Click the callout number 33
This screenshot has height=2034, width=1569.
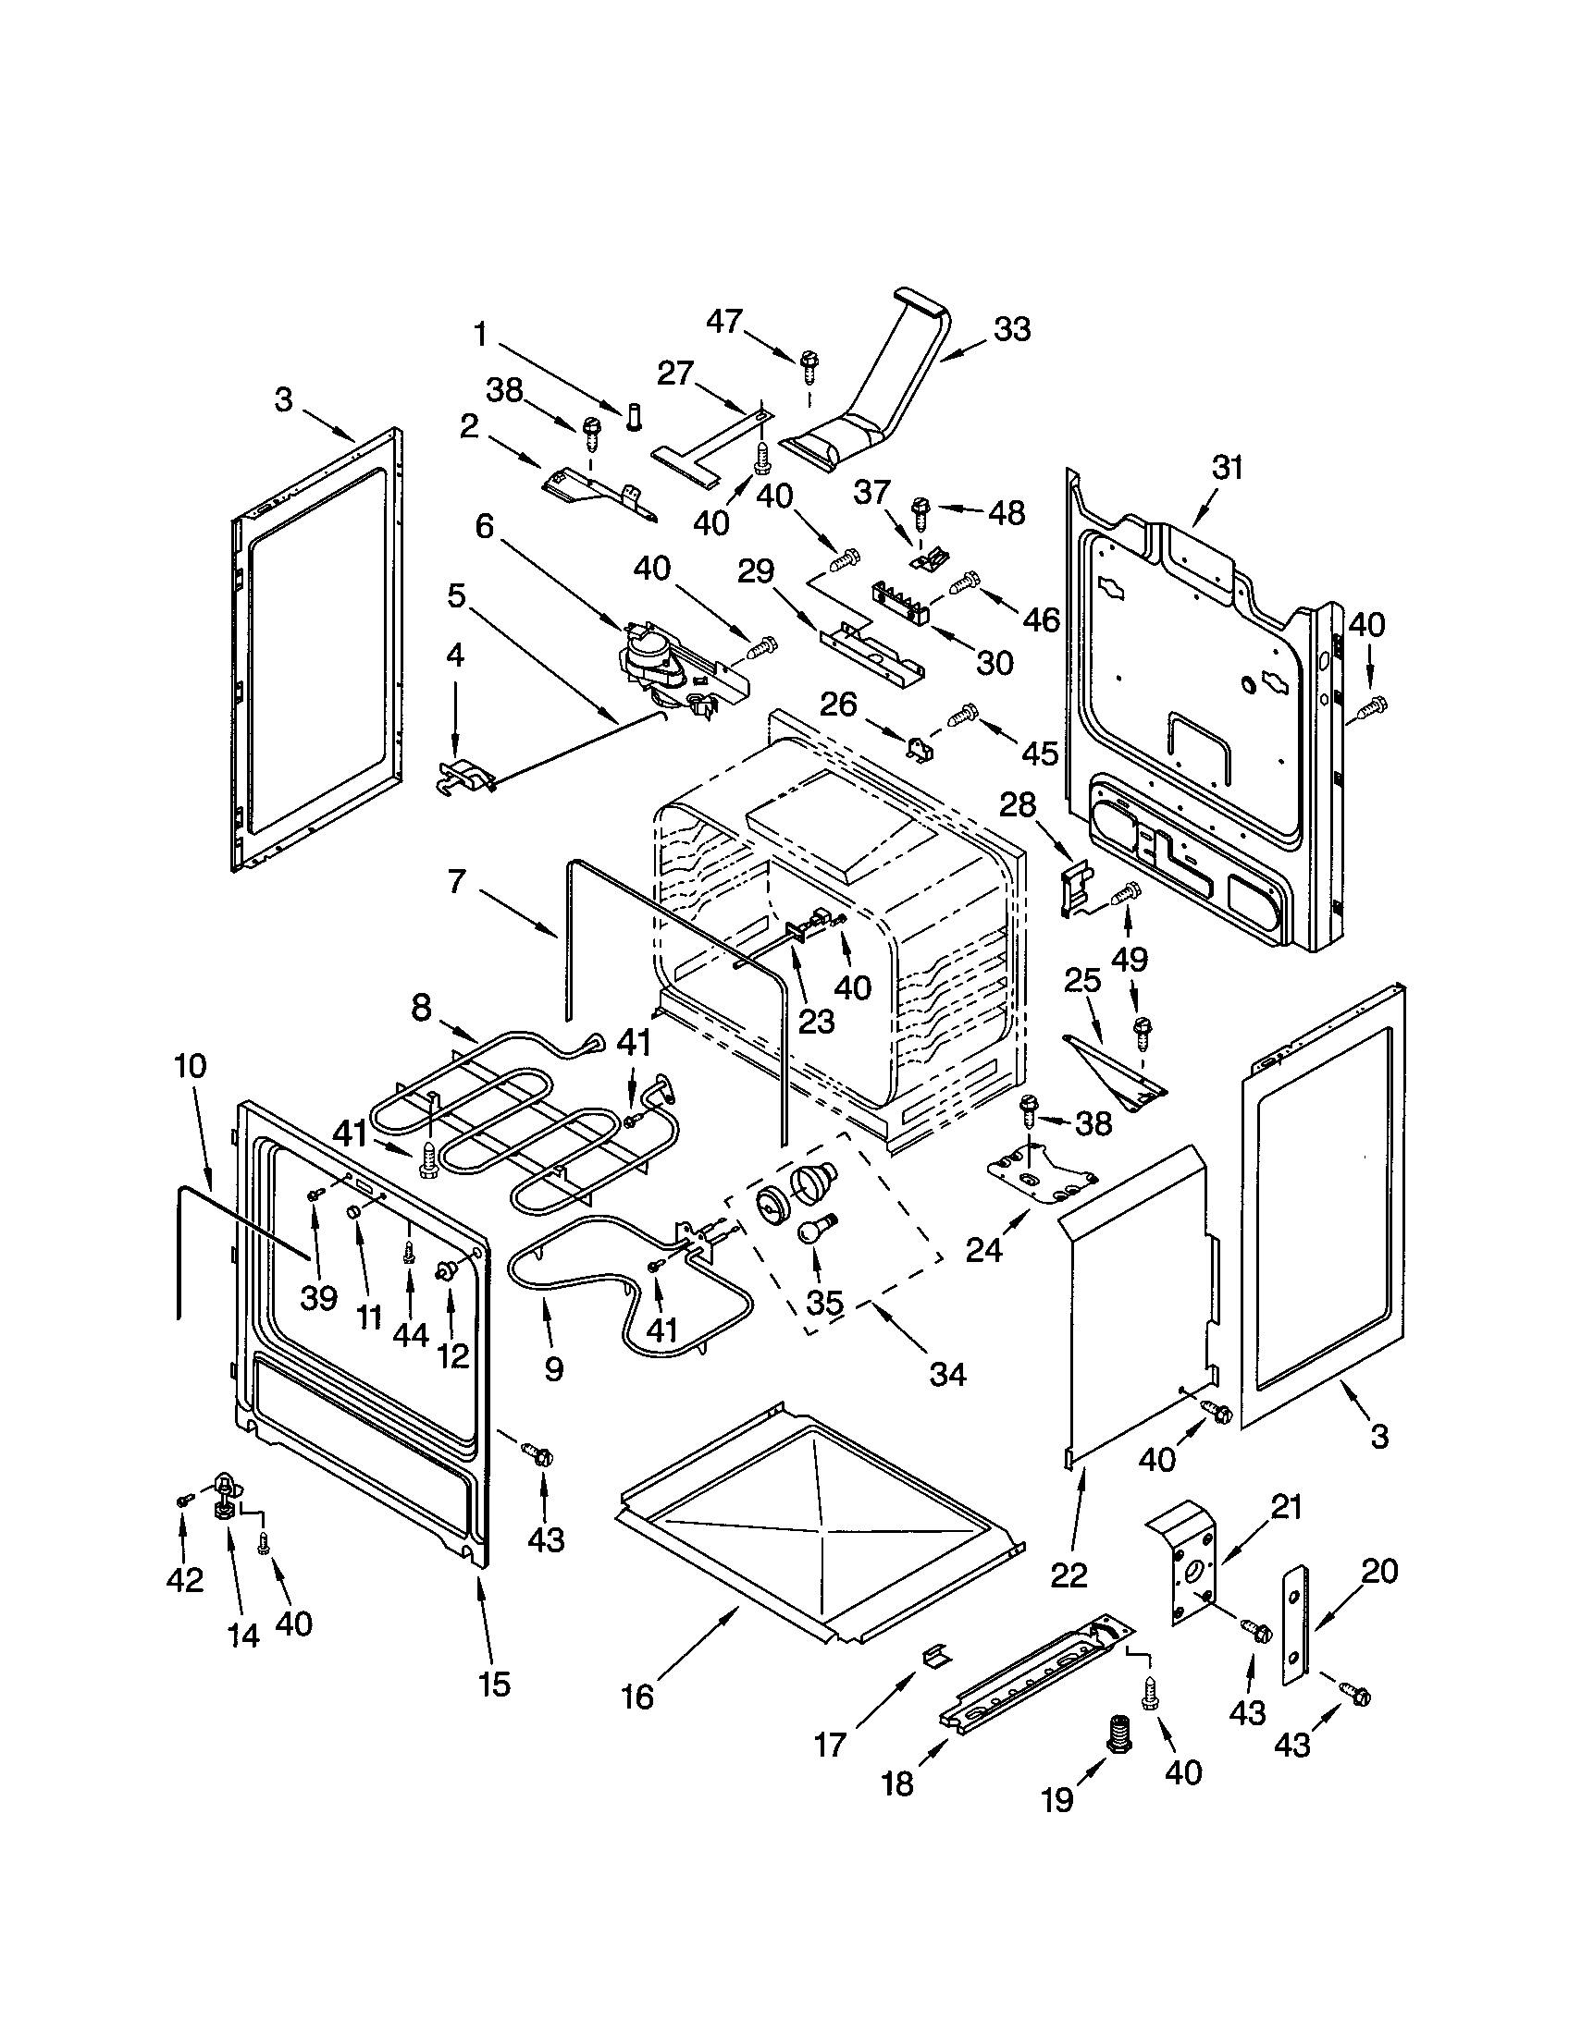point(1013,329)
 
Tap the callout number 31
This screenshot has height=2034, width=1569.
point(1228,468)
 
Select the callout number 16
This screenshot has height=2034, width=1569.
point(638,1697)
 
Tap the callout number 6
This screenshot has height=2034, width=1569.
point(485,526)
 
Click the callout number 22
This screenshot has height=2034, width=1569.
point(1069,1575)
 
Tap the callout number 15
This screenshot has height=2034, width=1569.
point(495,1683)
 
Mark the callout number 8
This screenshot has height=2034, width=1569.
point(422,1008)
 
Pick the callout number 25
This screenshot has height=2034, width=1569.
point(1083,980)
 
